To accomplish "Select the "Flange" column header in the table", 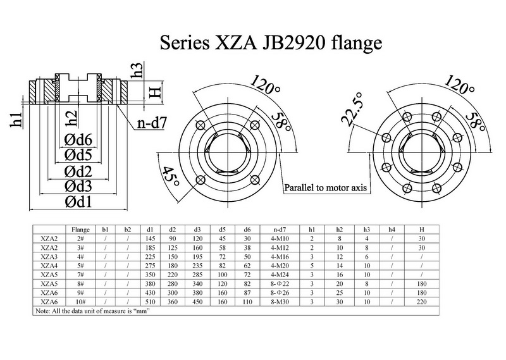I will point(79,228).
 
